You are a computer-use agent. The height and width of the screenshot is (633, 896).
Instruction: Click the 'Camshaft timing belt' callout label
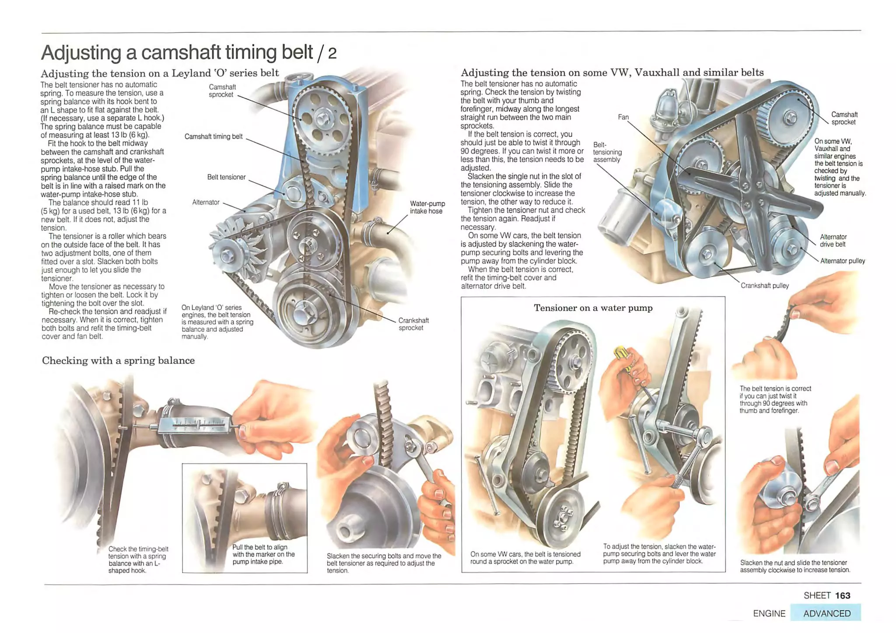[213, 136]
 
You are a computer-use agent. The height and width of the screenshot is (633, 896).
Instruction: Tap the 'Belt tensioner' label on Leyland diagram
[226, 177]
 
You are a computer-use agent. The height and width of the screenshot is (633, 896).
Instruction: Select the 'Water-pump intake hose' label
[427, 207]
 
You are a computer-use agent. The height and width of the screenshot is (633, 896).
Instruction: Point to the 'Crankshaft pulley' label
[764, 286]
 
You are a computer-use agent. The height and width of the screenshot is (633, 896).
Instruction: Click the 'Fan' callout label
[623, 117]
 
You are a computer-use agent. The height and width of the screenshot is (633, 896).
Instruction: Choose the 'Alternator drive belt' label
[833, 241]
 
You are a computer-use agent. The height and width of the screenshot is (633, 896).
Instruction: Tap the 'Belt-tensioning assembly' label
[607, 152]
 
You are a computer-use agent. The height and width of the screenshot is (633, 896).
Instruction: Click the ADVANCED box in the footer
[826, 613]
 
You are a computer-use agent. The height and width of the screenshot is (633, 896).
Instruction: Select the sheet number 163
[842, 595]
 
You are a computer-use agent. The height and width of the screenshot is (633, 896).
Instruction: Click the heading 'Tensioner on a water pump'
[593, 308]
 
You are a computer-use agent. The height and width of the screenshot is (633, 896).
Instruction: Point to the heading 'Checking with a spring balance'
[118, 360]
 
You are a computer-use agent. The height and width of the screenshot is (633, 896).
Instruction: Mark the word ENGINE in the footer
[769, 613]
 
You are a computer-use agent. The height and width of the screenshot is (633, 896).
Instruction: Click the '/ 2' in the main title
[326, 53]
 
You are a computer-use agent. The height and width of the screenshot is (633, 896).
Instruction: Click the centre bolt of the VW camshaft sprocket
[790, 117]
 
